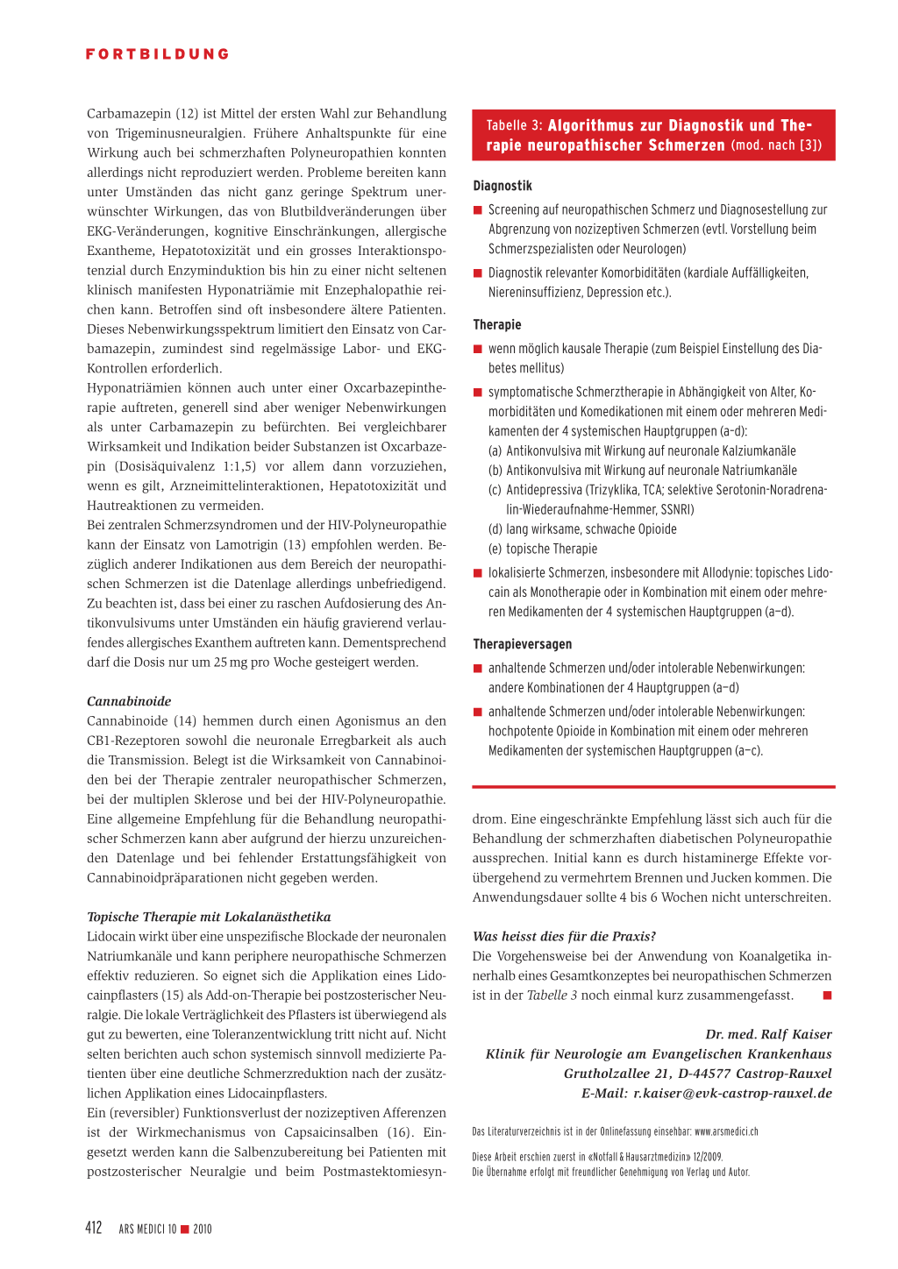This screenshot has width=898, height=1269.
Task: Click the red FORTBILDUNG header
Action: (158, 54)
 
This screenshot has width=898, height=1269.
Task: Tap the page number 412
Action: (94, 1228)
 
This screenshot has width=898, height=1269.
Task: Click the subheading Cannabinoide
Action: (129, 701)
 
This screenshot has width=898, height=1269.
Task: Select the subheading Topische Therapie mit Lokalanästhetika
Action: (209, 917)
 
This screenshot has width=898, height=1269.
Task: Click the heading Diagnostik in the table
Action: (502, 186)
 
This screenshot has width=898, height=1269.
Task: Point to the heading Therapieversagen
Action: (522, 644)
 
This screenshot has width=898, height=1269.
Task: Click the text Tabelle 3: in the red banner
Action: (515, 125)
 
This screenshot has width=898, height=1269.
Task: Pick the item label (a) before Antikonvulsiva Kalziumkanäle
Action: (495, 450)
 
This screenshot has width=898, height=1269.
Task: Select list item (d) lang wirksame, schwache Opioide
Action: (582, 529)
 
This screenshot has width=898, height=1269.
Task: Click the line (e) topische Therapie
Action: (543, 549)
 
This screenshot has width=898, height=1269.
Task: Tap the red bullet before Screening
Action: (478, 210)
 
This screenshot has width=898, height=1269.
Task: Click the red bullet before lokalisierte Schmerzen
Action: (478, 573)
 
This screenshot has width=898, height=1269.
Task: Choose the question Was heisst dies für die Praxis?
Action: (564, 936)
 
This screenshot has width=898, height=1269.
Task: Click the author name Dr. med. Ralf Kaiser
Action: (768, 1034)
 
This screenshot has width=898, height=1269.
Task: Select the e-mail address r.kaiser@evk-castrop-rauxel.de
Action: (732, 1093)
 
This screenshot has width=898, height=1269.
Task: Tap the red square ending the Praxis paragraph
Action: (827, 996)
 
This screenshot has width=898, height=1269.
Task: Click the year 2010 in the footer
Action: (203, 1230)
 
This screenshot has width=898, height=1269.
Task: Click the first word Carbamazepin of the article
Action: (129, 114)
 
